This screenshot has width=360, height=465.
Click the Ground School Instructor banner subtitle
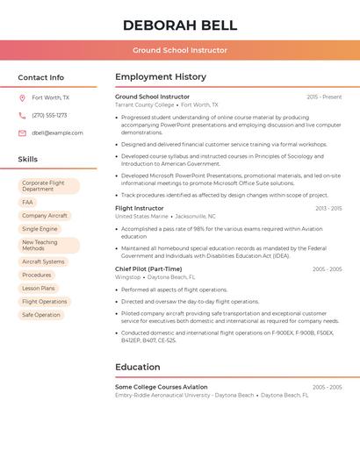180,50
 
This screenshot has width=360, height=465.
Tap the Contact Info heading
41,77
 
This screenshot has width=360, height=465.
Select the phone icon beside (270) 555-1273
22,115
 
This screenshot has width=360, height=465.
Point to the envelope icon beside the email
22,132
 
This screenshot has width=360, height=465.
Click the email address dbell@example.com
58,132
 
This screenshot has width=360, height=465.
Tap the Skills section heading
28,159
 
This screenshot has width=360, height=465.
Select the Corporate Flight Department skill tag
48,186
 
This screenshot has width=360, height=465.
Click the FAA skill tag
27,202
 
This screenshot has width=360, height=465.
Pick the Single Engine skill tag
40,228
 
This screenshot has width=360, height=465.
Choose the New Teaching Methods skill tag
48,246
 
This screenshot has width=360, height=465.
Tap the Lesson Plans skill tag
39,288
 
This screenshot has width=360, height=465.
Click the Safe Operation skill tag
41,314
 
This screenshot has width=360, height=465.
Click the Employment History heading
161,77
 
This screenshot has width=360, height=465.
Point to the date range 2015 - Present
324,97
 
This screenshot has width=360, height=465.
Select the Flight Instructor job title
140,208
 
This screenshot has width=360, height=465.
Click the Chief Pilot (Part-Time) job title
148,268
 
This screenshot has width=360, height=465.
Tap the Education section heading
138,367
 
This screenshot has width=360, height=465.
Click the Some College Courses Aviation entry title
162,387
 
